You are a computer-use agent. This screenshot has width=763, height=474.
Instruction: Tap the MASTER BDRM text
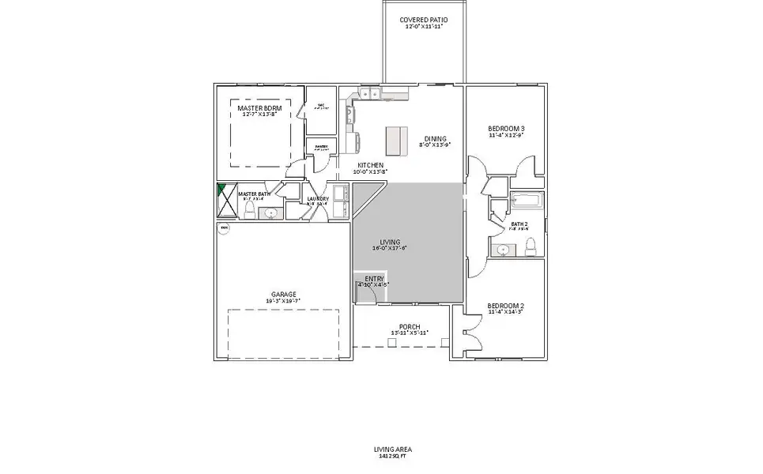260,107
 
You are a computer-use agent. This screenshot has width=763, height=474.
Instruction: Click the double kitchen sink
368,96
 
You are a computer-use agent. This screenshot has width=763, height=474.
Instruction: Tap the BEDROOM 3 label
506,128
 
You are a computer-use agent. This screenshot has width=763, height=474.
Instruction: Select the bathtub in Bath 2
526,201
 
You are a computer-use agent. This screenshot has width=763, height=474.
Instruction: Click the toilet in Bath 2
530,250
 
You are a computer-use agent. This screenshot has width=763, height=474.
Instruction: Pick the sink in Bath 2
503,250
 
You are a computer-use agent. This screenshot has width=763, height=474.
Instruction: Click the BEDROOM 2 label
506,305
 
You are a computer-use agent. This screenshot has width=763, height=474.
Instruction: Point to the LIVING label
390,242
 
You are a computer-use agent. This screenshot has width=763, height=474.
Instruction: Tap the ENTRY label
373,278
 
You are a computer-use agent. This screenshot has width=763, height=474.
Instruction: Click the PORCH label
410,326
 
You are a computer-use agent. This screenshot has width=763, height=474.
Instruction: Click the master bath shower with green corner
225,201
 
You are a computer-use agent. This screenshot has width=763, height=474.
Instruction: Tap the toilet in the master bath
249,209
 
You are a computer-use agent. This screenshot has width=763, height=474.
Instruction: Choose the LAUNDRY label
318,198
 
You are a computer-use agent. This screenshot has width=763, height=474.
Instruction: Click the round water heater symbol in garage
224,229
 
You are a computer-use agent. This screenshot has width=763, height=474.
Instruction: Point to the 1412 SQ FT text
393,457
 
